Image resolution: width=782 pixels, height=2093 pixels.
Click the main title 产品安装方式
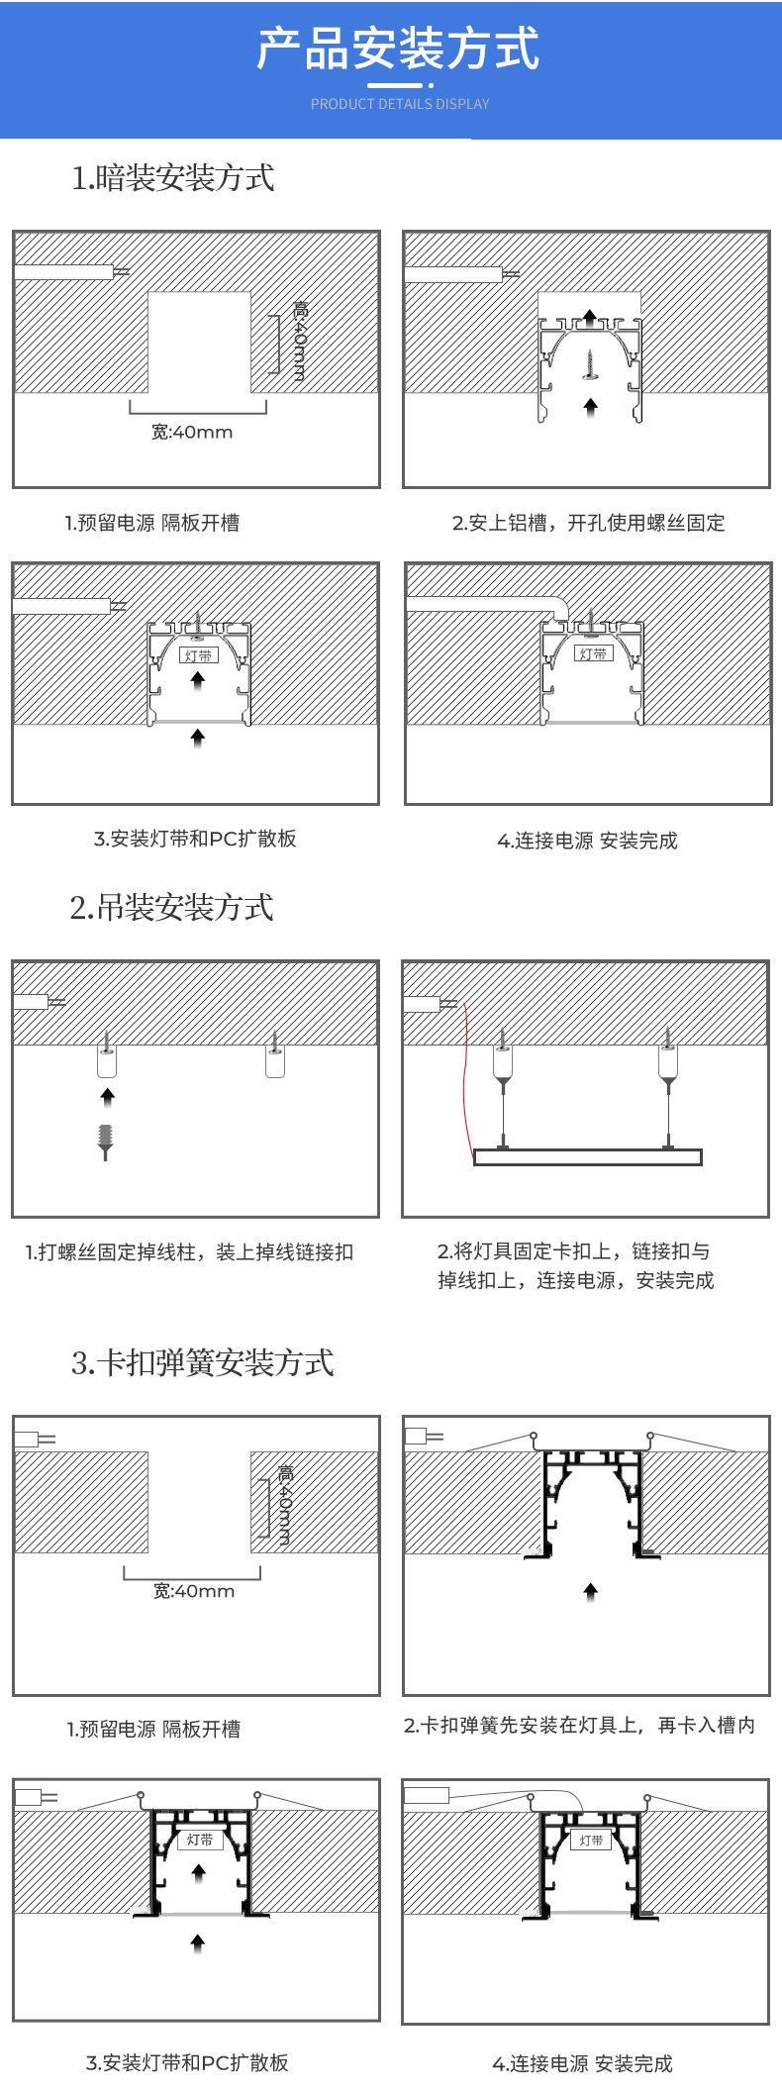(398, 50)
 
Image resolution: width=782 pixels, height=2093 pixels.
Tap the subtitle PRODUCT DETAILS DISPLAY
(400, 104)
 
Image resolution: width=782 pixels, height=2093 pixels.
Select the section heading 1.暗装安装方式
(173, 178)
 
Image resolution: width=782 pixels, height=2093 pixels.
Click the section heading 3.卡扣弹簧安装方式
(203, 1362)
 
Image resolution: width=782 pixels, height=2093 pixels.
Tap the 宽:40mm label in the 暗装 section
(192, 432)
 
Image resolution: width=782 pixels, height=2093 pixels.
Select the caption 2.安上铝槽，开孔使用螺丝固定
(589, 523)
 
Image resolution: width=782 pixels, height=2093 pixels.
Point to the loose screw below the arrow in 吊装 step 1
(107, 1142)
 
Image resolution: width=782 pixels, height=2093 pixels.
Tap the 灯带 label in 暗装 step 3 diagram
(198, 655)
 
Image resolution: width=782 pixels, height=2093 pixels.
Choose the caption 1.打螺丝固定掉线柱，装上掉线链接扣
(189, 1252)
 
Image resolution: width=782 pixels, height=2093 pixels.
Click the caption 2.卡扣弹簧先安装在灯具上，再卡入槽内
(580, 1725)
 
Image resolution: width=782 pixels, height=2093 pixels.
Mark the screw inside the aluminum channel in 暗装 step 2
(591, 364)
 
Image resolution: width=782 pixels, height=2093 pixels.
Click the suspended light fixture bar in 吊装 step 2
(588, 1156)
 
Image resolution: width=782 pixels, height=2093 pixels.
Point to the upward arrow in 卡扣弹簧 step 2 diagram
(591, 1592)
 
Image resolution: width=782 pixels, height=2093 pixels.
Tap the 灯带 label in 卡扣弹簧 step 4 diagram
(590, 1840)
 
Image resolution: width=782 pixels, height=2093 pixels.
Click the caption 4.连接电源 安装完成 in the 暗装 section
(587, 841)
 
